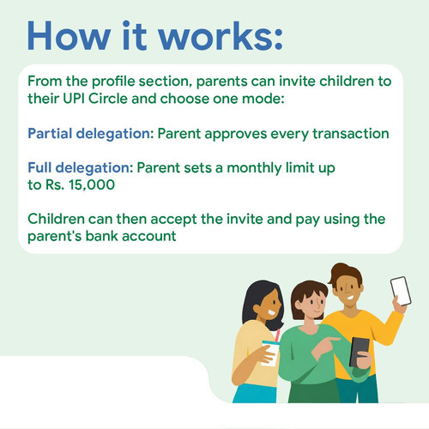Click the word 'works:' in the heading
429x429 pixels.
(221, 36)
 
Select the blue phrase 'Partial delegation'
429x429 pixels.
(89, 134)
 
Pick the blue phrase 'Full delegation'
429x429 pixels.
(79, 168)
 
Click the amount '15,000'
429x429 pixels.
(92, 184)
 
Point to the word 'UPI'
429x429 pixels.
(74, 99)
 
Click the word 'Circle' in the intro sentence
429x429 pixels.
(108, 99)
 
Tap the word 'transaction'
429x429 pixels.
(351, 134)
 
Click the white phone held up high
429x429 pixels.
(401, 291)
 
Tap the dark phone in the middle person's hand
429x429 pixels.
(359, 353)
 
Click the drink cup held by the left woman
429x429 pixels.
(270, 353)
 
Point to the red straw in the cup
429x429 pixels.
(277, 335)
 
